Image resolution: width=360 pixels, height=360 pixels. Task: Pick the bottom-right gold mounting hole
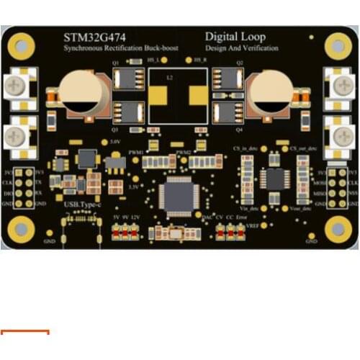pyautogui.click(x=337, y=229)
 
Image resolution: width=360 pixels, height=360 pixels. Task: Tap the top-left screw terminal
pyautogui.click(x=17, y=88)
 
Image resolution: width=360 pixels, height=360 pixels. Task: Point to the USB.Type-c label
pyautogui.click(x=80, y=205)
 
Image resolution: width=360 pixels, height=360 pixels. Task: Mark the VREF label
pyautogui.click(x=253, y=226)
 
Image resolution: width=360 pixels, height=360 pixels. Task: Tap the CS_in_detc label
pyautogui.click(x=246, y=147)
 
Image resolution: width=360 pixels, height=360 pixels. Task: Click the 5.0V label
pyautogui.click(x=114, y=142)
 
